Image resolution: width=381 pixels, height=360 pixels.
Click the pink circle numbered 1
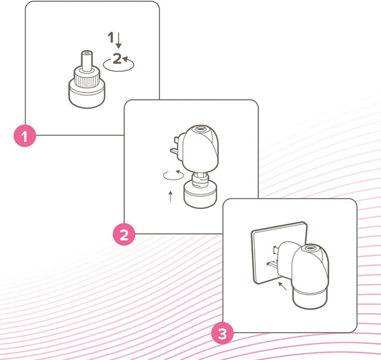(25, 136)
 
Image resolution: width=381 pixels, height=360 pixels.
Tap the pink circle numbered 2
(124, 234)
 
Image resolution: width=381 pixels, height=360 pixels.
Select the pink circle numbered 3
(222, 333)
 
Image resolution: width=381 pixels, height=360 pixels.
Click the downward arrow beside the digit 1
(118, 41)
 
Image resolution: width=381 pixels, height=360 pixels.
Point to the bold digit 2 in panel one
(117, 58)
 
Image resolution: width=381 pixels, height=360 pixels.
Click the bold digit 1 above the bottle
(110, 37)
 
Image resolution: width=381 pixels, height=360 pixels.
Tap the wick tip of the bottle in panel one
(87, 53)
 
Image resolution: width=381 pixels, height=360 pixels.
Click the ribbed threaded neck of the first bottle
(87, 79)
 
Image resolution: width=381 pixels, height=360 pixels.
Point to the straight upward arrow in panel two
(171, 196)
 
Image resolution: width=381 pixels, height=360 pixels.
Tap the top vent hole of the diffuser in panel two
(200, 128)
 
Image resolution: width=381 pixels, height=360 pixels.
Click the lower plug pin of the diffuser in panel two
(174, 152)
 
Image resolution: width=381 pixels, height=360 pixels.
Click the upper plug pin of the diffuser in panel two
(177, 140)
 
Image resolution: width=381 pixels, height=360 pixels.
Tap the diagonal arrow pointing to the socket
(283, 286)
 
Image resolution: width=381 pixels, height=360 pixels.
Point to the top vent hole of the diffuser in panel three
(310, 248)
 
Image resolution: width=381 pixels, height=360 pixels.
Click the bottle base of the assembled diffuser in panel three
(310, 299)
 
